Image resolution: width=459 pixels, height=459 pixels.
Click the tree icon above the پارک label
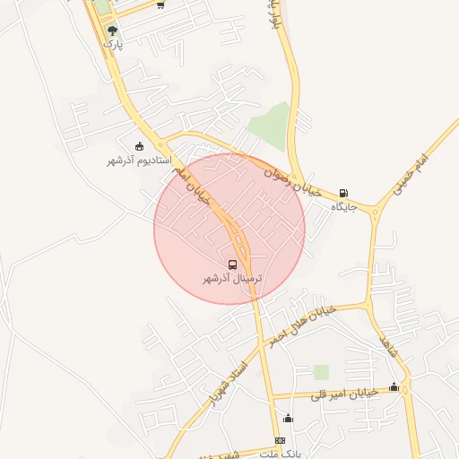[x=111, y=30]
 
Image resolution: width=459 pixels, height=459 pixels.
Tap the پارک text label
[x=111, y=43]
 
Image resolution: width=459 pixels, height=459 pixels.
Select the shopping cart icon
[x=160, y=4]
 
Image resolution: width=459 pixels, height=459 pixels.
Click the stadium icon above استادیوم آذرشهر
[x=139, y=145]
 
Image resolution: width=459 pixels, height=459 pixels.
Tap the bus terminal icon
[x=233, y=265]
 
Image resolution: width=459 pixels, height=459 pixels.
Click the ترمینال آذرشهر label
[x=232, y=279]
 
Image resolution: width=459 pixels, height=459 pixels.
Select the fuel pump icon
[x=344, y=193]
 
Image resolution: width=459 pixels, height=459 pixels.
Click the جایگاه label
[x=344, y=207]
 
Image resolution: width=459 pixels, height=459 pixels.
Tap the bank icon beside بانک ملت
[x=280, y=440]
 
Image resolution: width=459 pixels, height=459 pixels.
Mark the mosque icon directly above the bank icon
[x=288, y=418]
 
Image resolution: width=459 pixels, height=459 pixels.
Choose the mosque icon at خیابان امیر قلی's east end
[x=394, y=387]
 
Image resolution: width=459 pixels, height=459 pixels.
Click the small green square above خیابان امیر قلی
[x=321, y=371]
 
